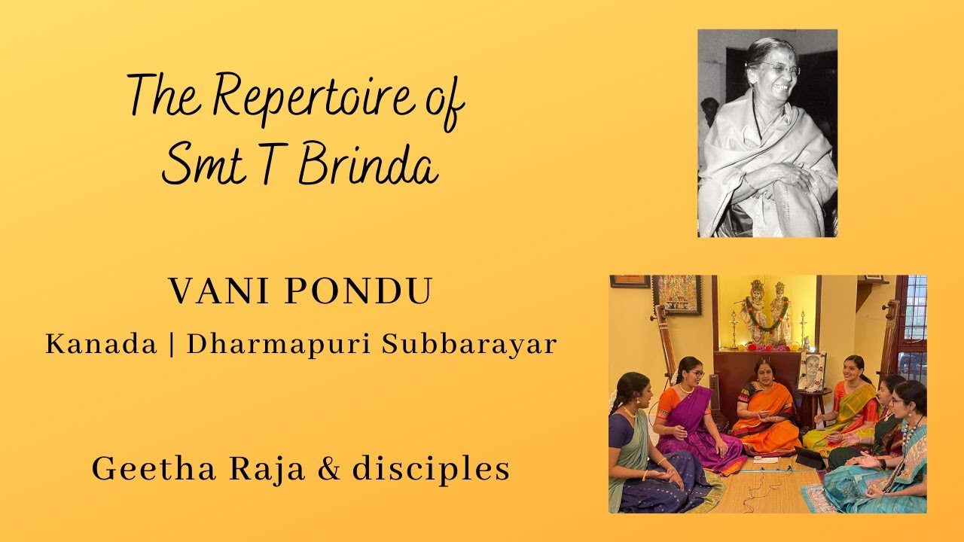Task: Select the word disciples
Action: coord(431,469)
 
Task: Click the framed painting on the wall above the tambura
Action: coord(676,294)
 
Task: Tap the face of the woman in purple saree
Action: coord(691,371)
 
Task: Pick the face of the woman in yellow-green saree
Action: coord(853,370)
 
